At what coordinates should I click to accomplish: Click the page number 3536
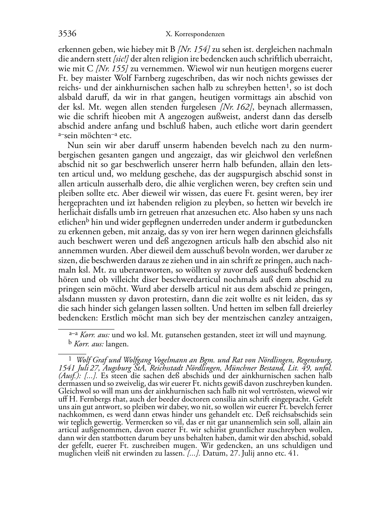click(67, 34)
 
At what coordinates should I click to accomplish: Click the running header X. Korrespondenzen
click(195, 34)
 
